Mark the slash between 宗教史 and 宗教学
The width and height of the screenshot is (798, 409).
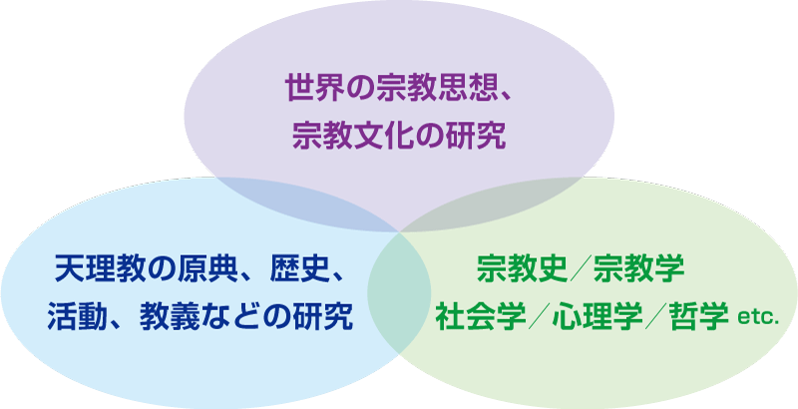(x=581, y=269)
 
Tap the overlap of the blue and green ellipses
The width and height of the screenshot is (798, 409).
(x=400, y=294)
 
